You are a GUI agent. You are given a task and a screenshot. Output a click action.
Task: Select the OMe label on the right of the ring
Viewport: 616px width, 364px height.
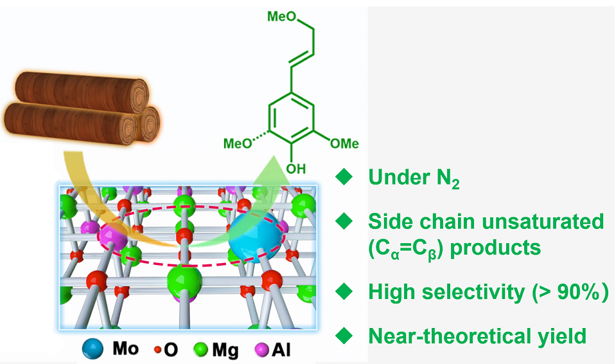(343, 143)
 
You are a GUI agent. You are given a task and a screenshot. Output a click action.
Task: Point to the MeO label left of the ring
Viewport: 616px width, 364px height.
(238, 143)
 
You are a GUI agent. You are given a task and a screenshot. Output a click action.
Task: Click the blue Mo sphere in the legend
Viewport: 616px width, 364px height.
(93, 349)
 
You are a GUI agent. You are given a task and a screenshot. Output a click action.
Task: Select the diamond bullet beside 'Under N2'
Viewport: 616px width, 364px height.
(345, 177)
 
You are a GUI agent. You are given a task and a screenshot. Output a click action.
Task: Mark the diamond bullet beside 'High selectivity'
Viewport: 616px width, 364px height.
(345, 292)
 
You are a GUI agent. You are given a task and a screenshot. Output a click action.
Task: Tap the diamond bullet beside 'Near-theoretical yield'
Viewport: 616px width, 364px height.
(345, 335)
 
